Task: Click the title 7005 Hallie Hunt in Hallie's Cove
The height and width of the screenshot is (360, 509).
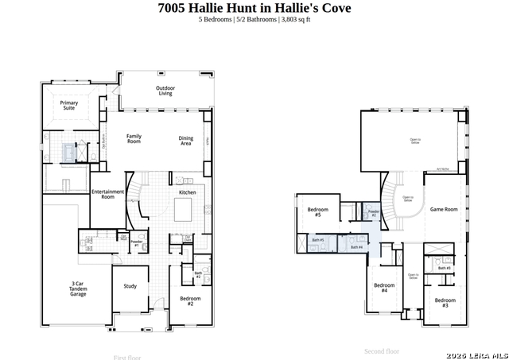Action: [254, 8]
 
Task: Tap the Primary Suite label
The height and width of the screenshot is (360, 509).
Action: [69, 105]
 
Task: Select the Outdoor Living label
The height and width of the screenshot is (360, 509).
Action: [165, 90]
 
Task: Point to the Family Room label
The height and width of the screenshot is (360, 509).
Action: [134, 138]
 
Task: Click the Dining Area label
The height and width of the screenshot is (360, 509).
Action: [185, 141]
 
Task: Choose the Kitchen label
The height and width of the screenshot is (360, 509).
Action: [187, 192]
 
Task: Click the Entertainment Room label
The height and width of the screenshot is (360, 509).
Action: [107, 194]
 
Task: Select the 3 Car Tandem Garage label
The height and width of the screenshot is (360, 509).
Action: [78, 288]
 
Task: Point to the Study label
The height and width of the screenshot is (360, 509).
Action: [130, 287]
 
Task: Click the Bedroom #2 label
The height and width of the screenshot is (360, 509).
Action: [191, 301]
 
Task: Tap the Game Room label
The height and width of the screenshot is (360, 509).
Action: [444, 209]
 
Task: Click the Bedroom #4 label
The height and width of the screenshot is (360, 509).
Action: [384, 288]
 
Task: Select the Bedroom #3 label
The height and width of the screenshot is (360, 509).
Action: [445, 302]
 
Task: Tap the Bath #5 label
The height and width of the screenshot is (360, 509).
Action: [318, 240]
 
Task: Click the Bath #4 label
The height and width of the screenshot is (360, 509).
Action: [356, 247]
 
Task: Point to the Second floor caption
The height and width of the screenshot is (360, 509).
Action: [382, 350]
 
